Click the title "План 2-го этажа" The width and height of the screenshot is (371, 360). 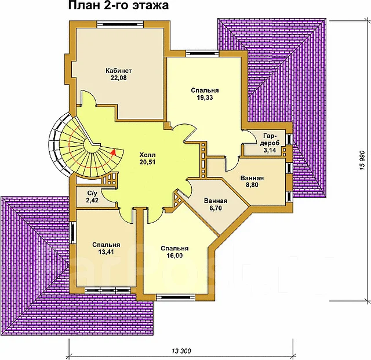118,6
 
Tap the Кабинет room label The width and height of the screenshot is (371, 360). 118,71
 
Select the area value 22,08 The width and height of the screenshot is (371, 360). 118,78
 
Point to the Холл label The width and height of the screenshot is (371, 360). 147,155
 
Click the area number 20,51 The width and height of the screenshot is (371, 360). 147,162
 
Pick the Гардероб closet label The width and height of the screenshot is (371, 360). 271,139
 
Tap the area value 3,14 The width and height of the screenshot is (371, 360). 270,150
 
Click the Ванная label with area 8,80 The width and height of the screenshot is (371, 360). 252,178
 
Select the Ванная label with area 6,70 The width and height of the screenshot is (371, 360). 216,201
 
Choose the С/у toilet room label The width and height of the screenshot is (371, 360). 92,193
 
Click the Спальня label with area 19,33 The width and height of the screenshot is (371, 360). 205,90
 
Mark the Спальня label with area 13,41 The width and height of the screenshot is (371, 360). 106,245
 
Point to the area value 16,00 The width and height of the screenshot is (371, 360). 174,256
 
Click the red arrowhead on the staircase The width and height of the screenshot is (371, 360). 114,152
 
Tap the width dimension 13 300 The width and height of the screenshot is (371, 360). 181,351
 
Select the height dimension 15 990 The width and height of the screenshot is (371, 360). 362,161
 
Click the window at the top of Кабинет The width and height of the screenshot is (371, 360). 121,24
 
